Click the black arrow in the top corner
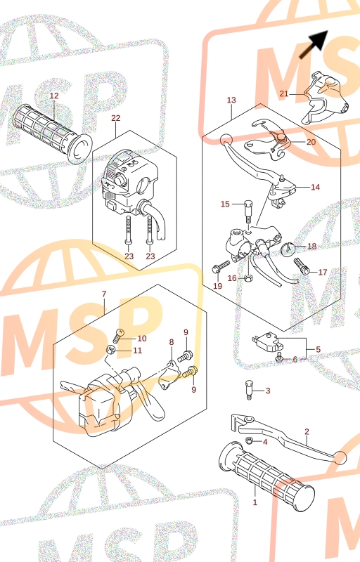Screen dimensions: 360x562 click(314, 44)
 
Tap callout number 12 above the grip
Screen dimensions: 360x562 click(53, 96)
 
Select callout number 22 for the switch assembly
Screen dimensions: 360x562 click(116, 118)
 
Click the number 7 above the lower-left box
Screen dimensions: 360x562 click(104, 294)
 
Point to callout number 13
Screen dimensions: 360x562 click(231, 100)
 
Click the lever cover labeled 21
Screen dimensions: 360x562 click(325, 98)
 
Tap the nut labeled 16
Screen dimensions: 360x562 click(247, 277)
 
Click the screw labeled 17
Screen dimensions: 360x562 click(301, 266)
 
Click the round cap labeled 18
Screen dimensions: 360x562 click(288, 249)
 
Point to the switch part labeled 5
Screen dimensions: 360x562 click(267, 342)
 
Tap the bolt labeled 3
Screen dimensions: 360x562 click(249, 391)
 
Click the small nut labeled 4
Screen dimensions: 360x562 click(248, 440)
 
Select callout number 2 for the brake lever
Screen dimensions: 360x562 click(307, 431)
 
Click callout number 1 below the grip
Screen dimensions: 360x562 click(255, 502)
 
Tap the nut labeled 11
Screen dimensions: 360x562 click(110, 349)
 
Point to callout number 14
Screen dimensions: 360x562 click(315, 187)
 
